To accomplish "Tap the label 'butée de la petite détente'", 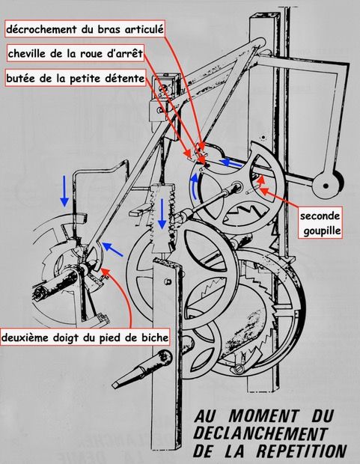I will (x=75, y=77).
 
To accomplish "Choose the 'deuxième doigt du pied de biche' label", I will (x=87, y=338).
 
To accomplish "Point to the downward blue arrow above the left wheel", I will (x=64, y=192).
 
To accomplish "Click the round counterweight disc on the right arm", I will (x=326, y=182).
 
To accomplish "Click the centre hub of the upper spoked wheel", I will (x=237, y=186).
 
